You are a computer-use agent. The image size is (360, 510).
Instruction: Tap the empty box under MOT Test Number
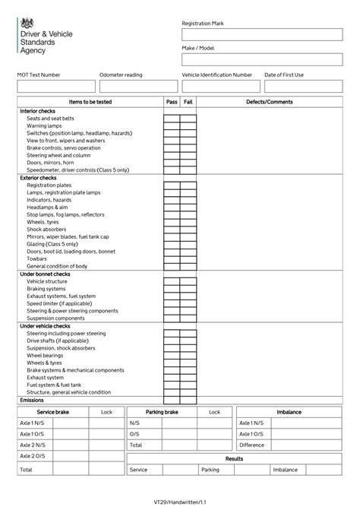tap(56, 86)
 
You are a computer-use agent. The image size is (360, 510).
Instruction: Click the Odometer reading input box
tap(137, 86)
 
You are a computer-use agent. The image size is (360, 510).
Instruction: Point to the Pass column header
tap(172, 102)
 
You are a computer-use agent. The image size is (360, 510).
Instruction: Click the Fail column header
tap(188, 102)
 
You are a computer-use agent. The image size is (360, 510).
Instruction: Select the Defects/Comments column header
tap(269, 102)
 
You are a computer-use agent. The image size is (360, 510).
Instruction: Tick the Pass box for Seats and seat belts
tap(172, 119)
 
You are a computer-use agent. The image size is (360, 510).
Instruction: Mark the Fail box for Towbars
tap(188, 259)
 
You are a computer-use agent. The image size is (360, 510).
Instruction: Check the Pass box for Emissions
tap(172, 400)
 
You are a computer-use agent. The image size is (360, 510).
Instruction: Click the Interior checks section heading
tap(37, 111)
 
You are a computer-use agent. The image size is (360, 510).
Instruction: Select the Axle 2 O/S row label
tap(33, 456)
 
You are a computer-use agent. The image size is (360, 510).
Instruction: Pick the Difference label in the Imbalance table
tap(251, 445)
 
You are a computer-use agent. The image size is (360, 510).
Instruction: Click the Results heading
tap(234, 459)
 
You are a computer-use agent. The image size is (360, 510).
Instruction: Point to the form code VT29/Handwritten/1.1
tap(179, 502)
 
